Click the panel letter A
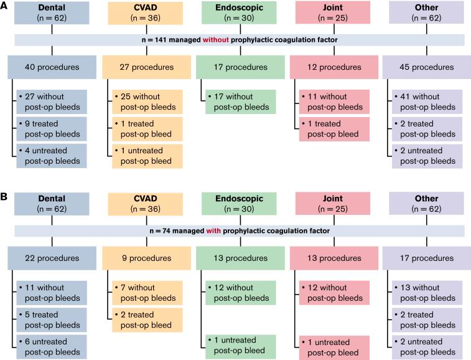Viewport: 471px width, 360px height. coord(5,6)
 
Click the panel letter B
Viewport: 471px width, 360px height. coord(5,197)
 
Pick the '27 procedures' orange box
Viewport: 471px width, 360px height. coord(142,67)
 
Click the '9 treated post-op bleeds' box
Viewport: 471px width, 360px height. coord(52,128)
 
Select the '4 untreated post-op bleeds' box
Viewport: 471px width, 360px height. coord(52,156)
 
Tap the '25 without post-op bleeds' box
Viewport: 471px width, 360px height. coord(146,102)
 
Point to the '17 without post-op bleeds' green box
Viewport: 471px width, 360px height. coord(239,102)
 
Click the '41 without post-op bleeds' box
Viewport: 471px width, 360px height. coord(427,102)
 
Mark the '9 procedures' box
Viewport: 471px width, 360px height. coord(142,258)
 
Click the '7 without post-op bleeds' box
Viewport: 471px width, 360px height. coord(146,293)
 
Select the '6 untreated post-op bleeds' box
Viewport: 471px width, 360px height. coord(52,346)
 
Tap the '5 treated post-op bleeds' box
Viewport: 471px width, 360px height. coord(52,320)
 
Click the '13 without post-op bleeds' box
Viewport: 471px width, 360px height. coord(427,293)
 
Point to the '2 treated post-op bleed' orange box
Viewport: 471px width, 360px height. coord(146,320)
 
